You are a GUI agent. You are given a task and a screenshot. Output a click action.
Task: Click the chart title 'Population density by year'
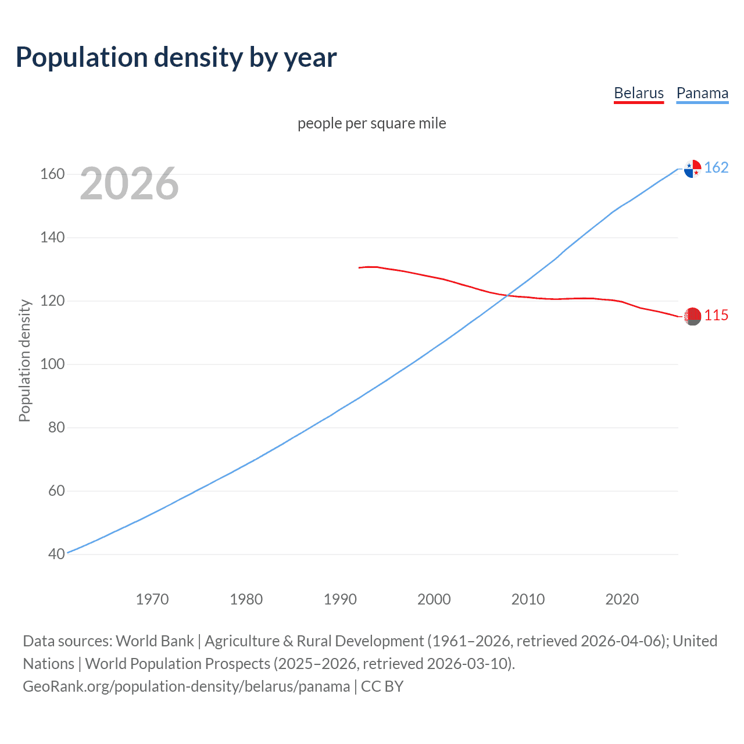[176, 58]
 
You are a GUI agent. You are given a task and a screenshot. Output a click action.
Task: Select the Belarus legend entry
[638, 93]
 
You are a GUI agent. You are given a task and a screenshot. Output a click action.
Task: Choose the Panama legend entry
[702, 93]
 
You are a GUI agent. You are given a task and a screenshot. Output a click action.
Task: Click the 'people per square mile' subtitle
[371, 123]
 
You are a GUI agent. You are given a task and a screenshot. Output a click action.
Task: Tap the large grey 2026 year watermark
[129, 184]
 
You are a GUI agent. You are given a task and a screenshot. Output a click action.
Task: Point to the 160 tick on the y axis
[52, 174]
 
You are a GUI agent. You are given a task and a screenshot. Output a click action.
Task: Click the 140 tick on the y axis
[52, 238]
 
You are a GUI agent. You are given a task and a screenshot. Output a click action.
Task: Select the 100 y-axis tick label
[52, 364]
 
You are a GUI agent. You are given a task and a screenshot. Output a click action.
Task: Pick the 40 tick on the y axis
[56, 554]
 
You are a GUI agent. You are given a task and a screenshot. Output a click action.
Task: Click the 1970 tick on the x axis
[152, 599]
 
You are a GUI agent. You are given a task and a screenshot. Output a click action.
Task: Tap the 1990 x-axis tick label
[340, 599]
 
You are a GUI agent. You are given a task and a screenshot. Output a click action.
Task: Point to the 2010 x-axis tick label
[528, 599]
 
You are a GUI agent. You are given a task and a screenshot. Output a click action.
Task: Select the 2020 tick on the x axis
[622, 599]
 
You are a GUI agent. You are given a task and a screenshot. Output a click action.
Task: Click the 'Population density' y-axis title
[24, 360]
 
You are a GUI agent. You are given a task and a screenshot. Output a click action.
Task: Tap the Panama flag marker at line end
[692, 169]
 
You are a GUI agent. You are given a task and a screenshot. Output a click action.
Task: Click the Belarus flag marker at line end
[692, 317]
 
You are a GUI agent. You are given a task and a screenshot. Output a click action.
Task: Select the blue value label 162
[716, 167]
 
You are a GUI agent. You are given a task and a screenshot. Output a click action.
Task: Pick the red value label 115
[716, 315]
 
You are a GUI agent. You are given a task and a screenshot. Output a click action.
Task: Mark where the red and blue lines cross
[507, 295]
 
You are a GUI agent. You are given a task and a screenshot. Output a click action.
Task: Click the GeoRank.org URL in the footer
[187, 686]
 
